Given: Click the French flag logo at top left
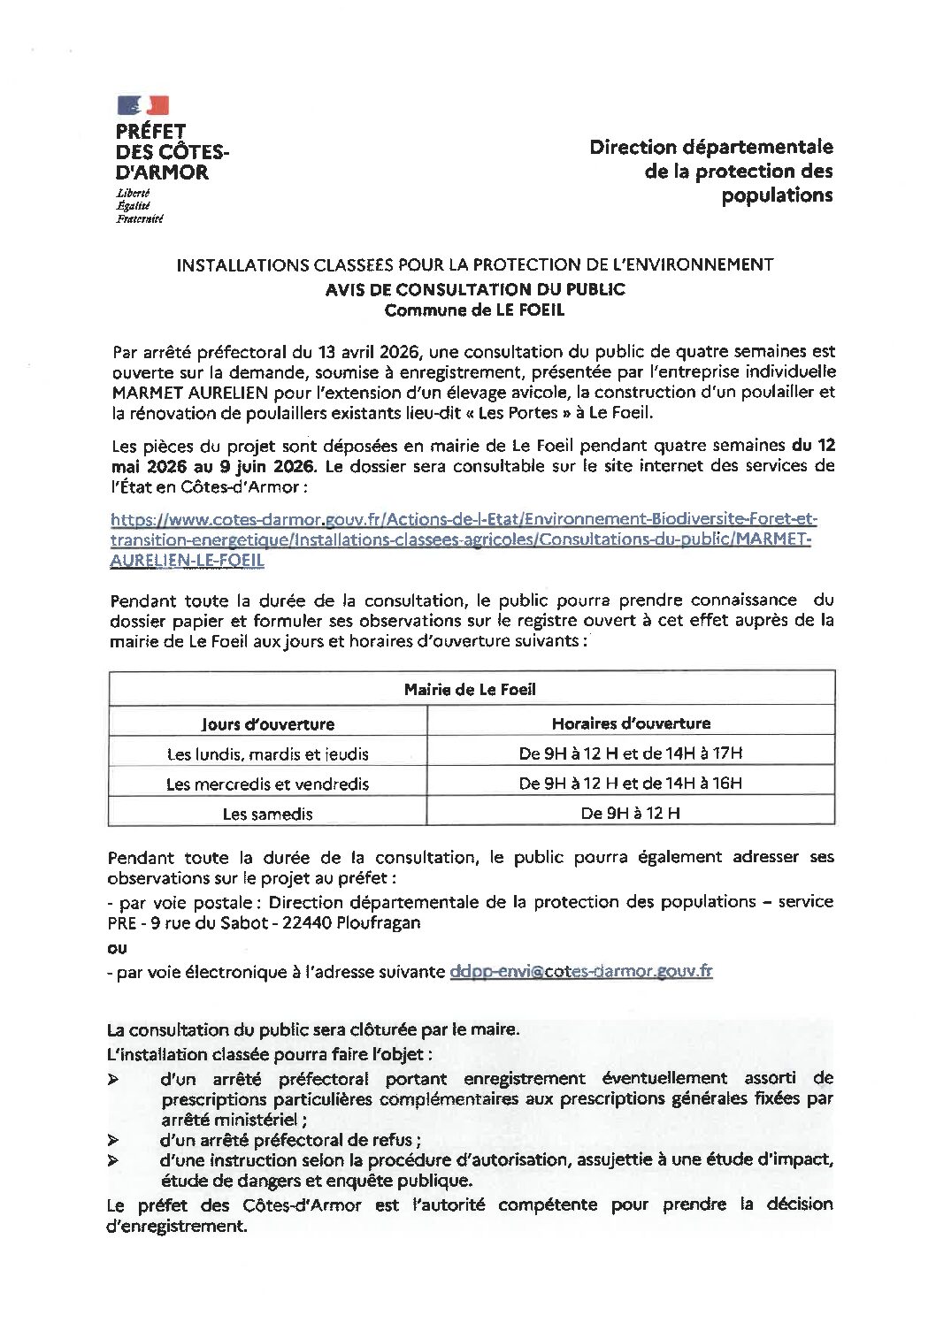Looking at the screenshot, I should pos(142,105).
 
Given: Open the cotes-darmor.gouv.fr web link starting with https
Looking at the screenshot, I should pos(461,539).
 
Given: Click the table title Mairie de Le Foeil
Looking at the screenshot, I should pos(471,689).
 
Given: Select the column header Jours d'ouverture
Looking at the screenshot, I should pos(267,724).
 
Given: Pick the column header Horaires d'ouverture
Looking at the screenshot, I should pos(631,723).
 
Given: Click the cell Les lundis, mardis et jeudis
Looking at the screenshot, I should pos(267,754).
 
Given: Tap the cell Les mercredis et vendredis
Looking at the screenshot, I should pos(267,784).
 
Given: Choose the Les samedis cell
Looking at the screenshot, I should pos(267,814).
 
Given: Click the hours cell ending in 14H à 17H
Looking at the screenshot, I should pos(631,754).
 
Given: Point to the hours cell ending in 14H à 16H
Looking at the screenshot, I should pos(631,784).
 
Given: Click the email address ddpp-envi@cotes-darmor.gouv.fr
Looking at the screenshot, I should pos(580,971).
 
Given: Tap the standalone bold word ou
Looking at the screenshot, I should pos(116,947).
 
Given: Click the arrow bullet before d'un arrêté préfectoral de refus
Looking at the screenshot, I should pos(112,1141).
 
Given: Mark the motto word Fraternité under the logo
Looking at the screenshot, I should pos(140,218).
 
